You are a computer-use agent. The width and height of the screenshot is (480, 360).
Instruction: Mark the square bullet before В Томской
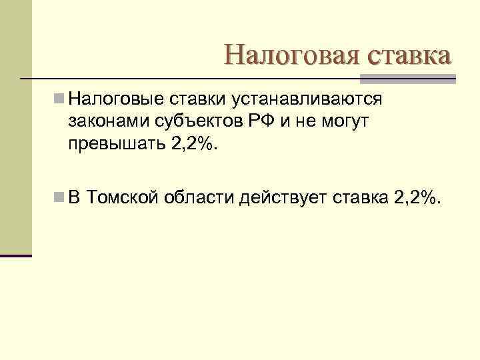pos(59,197)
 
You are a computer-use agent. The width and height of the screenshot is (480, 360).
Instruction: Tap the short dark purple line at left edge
pos(16,255)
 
